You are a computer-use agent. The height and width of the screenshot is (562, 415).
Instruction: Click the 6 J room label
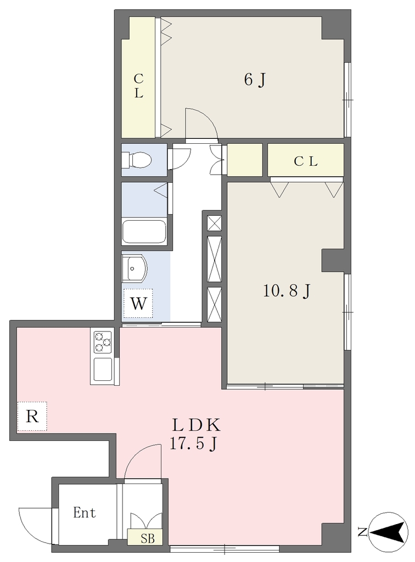(x=255, y=80)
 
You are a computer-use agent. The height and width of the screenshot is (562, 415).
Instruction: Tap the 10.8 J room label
(x=287, y=291)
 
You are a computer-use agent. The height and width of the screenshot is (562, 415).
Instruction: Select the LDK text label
(x=196, y=425)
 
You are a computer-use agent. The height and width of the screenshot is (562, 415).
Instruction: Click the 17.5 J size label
(x=193, y=444)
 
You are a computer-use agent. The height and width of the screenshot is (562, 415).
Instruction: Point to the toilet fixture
(x=136, y=160)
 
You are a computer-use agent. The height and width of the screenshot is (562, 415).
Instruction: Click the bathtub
(x=144, y=231)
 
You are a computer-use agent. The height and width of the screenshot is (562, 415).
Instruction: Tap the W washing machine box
(x=138, y=303)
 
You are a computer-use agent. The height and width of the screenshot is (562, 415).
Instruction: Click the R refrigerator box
(x=32, y=417)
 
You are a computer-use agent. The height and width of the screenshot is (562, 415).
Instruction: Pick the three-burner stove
(x=103, y=342)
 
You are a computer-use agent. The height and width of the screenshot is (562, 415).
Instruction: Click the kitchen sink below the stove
(x=103, y=369)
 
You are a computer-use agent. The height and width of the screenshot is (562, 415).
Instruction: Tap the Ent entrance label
(x=85, y=513)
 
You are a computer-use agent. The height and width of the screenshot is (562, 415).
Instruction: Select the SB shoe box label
(x=147, y=539)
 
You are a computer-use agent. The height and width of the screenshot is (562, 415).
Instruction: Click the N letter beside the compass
(x=362, y=532)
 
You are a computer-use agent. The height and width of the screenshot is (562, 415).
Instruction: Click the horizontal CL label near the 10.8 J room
(x=305, y=162)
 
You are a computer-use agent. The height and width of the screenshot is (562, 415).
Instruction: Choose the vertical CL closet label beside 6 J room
(x=139, y=86)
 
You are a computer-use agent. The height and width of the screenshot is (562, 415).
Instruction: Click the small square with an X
(x=215, y=223)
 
